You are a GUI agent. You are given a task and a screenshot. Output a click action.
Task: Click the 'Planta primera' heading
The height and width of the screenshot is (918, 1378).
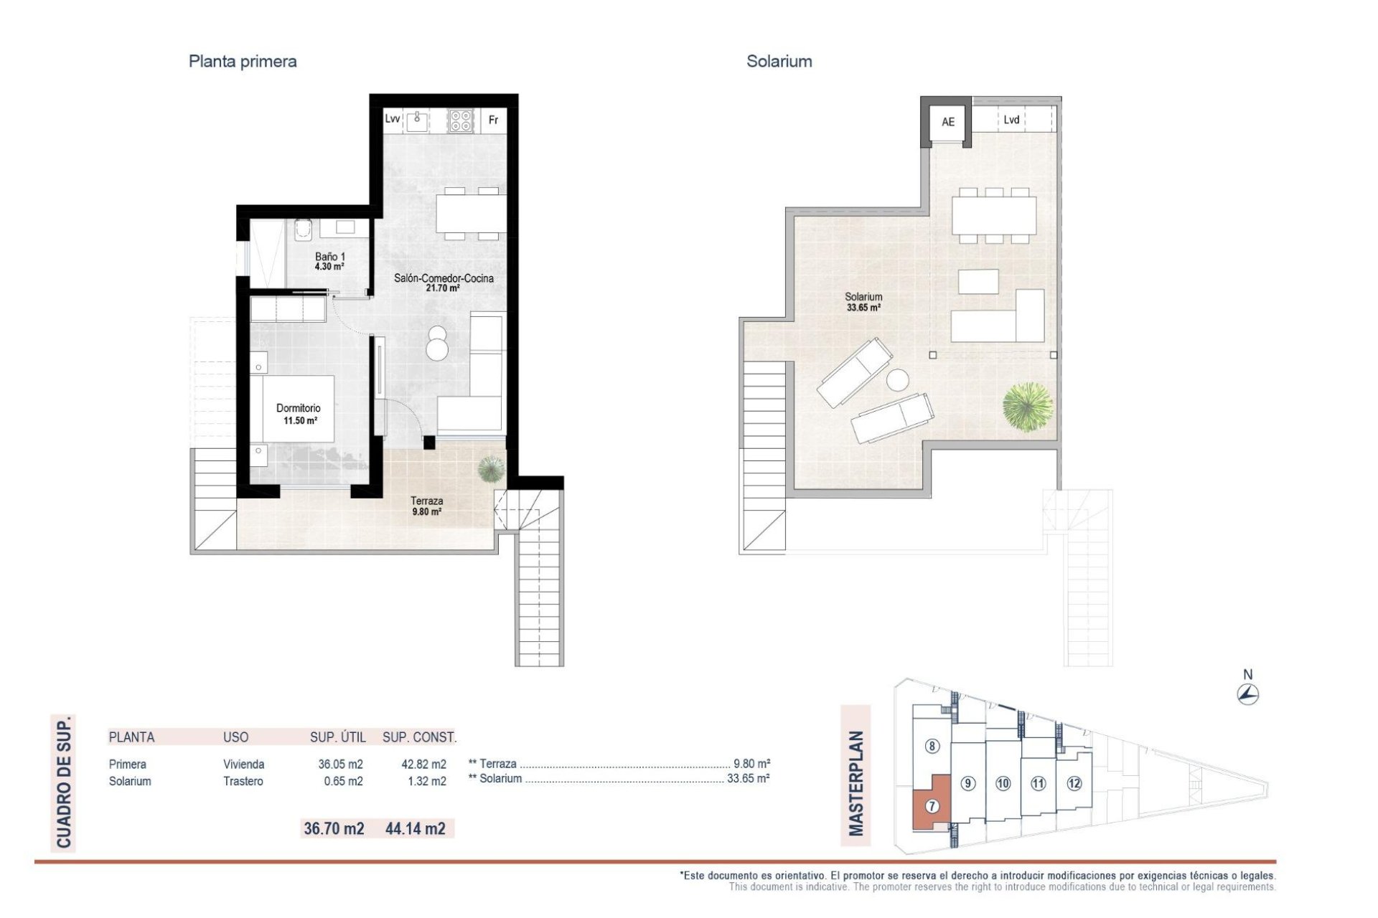click(x=243, y=62)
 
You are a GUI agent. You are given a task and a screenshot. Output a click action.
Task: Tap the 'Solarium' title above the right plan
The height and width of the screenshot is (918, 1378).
click(x=779, y=62)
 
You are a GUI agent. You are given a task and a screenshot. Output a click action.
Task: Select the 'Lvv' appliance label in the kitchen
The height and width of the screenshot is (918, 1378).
click(x=392, y=119)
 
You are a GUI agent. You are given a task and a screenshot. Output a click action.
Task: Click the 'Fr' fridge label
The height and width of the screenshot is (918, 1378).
click(x=493, y=120)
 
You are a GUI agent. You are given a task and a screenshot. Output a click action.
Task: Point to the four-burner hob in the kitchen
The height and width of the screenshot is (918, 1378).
click(x=461, y=120)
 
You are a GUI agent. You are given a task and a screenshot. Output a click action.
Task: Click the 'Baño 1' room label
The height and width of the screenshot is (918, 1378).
click(x=329, y=257)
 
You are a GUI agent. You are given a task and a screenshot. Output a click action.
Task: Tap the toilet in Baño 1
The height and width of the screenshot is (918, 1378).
click(x=304, y=229)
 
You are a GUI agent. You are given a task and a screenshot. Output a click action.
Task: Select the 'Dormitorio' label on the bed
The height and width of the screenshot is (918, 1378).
click(x=299, y=408)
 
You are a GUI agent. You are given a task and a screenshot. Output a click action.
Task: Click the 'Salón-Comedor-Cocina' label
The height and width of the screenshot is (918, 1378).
click(x=444, y=278)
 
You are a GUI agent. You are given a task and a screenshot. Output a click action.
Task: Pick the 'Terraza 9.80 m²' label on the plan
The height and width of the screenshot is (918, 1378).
click(x=426, y=506)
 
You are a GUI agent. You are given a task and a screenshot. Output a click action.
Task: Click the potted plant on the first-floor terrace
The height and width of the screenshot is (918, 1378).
click(x=491, y=469)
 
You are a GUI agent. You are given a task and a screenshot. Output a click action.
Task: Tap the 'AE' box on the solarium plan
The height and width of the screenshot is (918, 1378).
click(x=947, y=122)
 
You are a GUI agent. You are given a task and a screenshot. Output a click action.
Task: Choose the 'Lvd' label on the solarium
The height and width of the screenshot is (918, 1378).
click(x=1011, y=120)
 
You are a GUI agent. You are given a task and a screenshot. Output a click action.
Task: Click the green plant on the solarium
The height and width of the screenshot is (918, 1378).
click(x=1028, y=407)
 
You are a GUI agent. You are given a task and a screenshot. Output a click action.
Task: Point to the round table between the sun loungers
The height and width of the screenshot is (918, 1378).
click(x=897, y=379)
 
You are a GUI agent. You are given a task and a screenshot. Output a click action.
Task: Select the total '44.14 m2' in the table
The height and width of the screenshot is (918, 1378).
click(x=415, y=828)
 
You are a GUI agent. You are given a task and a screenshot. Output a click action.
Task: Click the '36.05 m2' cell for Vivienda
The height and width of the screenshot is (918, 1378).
click(x=340, y=765)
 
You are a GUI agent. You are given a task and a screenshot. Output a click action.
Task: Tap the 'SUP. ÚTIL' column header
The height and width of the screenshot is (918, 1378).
click(x=337, y=737)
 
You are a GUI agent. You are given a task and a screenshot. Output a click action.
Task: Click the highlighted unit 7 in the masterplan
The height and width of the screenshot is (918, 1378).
click(x=932, y=805)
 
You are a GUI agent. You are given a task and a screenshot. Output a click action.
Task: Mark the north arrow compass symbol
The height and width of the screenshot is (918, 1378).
click(x=1248, y=694)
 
